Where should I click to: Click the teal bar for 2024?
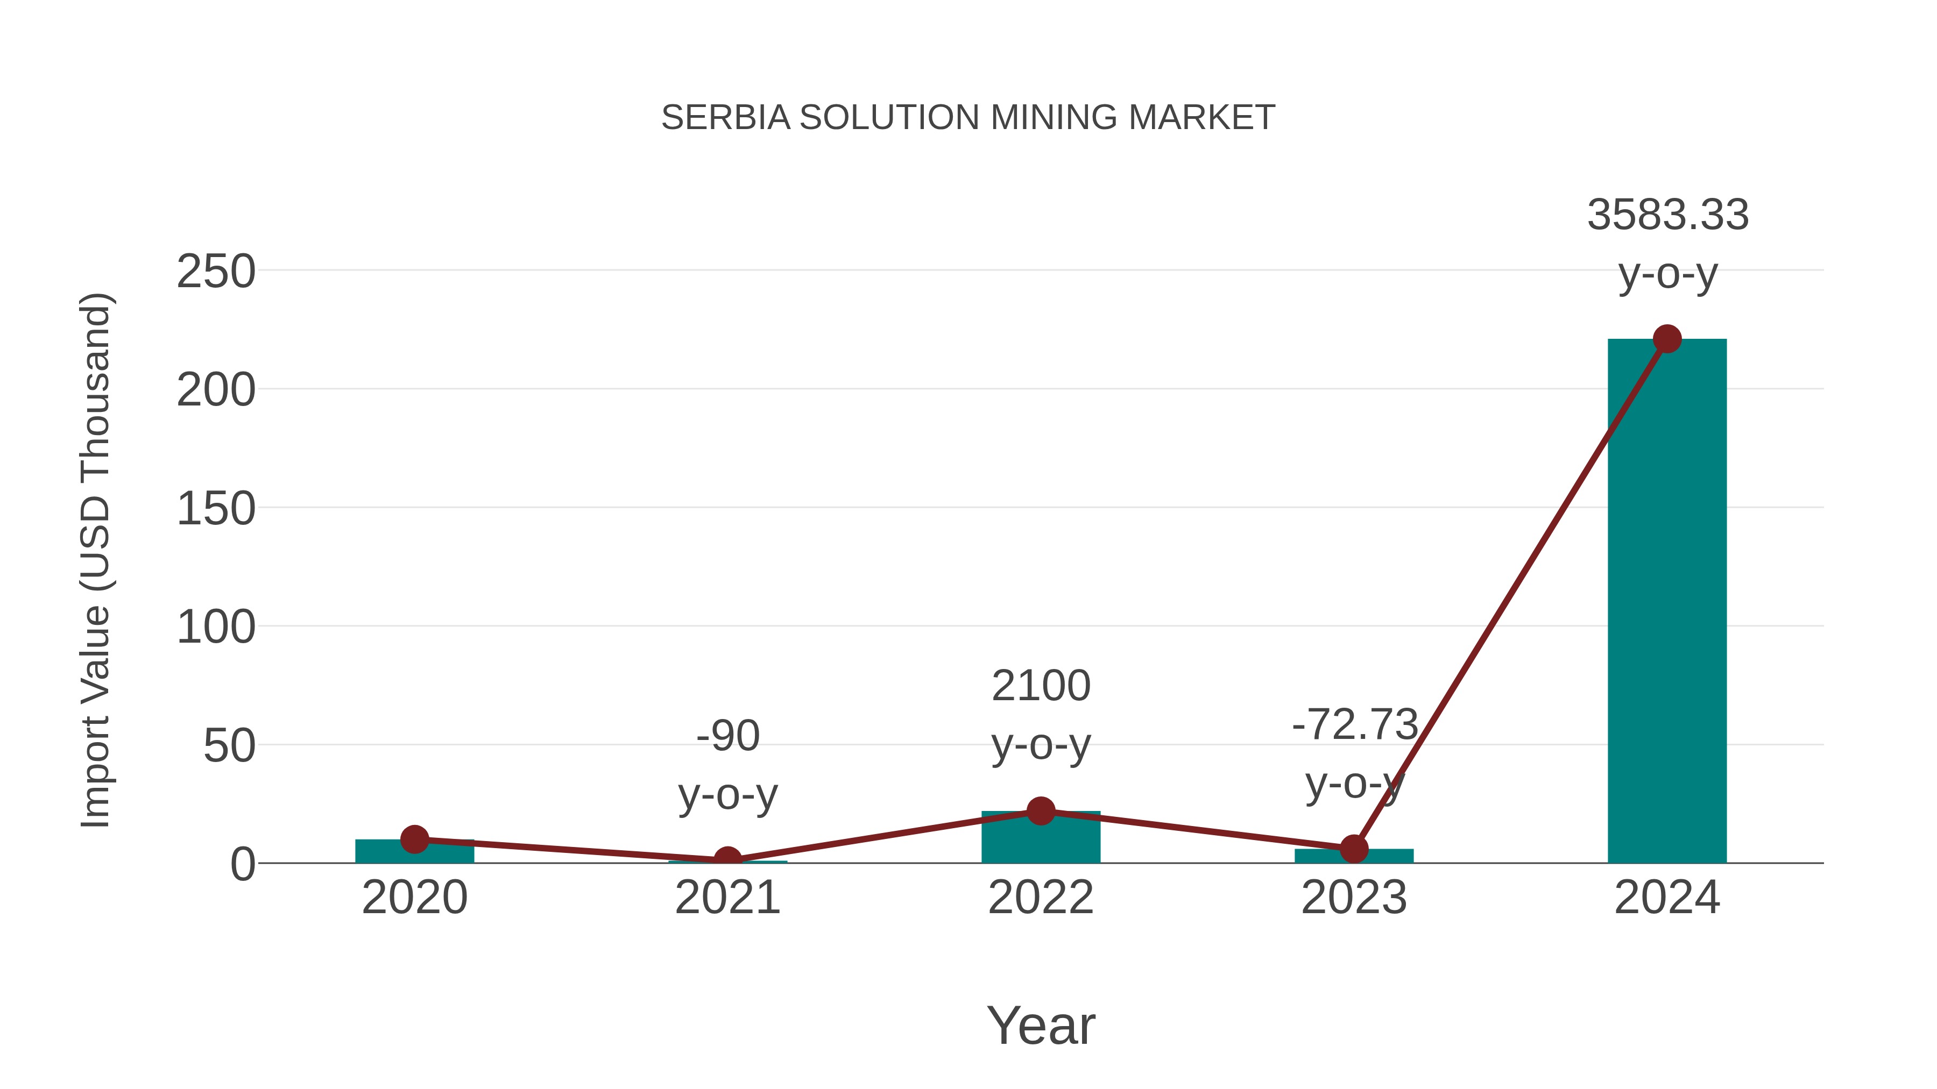tap(1666, 601)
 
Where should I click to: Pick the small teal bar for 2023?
tap(1354, 857)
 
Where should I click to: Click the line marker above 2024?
tap(1667, 339)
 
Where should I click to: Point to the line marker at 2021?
tap(727, 860)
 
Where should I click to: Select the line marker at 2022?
tap(1041, 811)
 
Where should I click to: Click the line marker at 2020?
tap(414, 839)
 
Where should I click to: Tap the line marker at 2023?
tap(1354, 849)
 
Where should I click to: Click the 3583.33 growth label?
tap(1667, 215)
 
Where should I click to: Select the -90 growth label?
tap(727, 735)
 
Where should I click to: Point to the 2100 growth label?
tap(1041, 686)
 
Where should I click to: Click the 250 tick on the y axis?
tap(216, 272)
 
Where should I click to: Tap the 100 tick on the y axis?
tap(216, 627)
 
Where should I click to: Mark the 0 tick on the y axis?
tap(242, 864)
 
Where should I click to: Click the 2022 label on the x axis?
tap(1041, 898)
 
